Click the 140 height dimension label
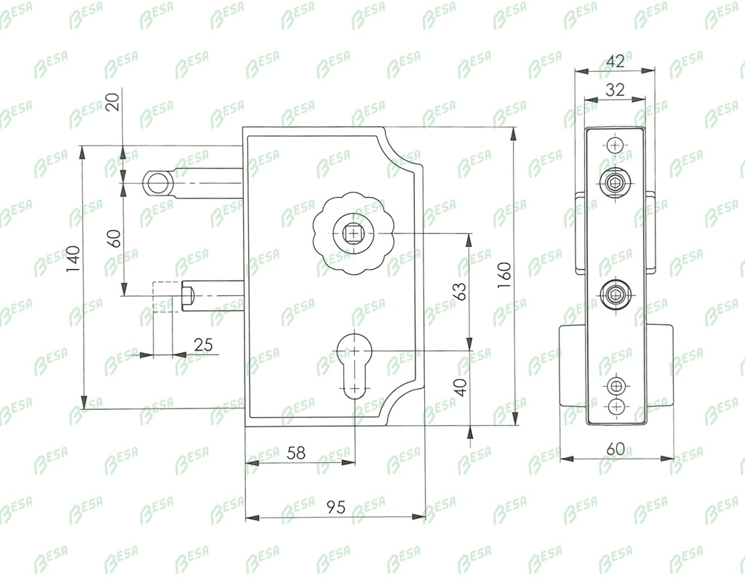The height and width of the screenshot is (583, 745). point(73,260)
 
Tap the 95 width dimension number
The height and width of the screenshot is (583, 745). point(336,507)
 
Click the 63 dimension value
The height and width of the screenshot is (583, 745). point(459,291)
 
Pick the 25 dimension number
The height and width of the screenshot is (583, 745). point(204,344)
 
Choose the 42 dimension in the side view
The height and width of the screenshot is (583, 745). point(615,61)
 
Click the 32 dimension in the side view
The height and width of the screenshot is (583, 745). point(615,89)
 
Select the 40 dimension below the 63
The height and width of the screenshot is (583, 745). point(460,387)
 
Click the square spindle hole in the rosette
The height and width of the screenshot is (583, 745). point(352,233)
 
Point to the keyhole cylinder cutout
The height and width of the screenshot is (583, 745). point(354,366)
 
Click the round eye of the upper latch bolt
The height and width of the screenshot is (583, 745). point(158,182)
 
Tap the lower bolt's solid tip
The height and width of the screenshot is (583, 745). point(189,296)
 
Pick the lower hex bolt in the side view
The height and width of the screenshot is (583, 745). point(615,294)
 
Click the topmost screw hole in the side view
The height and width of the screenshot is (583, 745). point(615,145)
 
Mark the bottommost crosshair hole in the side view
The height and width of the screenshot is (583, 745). point(616,406)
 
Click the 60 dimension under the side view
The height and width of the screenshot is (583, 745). point(615,449)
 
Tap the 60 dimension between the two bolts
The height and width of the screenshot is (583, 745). point(114,238)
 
